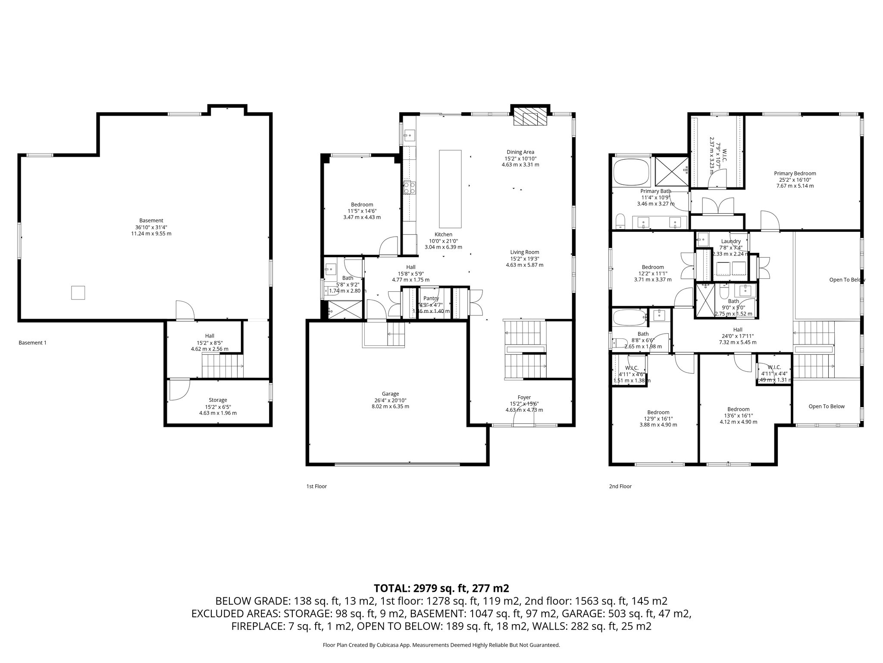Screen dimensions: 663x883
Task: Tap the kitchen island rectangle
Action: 450,189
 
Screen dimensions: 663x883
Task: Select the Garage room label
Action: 390,394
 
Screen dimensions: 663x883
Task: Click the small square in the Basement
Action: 78,293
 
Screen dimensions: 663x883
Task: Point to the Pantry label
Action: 431,298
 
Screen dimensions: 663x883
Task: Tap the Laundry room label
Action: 731,241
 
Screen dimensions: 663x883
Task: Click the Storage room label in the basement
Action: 218,400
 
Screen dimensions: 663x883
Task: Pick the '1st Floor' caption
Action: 316,486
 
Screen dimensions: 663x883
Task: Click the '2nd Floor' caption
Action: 620,486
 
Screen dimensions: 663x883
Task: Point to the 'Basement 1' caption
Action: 32,343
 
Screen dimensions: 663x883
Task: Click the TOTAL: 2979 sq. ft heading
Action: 441,588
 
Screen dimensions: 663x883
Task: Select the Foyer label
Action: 524,397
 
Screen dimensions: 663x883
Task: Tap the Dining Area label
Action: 520,152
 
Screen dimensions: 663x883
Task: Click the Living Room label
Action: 524,252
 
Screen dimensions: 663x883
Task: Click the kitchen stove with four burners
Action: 409,188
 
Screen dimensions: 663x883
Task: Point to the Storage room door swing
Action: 178,389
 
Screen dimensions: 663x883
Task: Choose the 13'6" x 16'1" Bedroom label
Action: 738,409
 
